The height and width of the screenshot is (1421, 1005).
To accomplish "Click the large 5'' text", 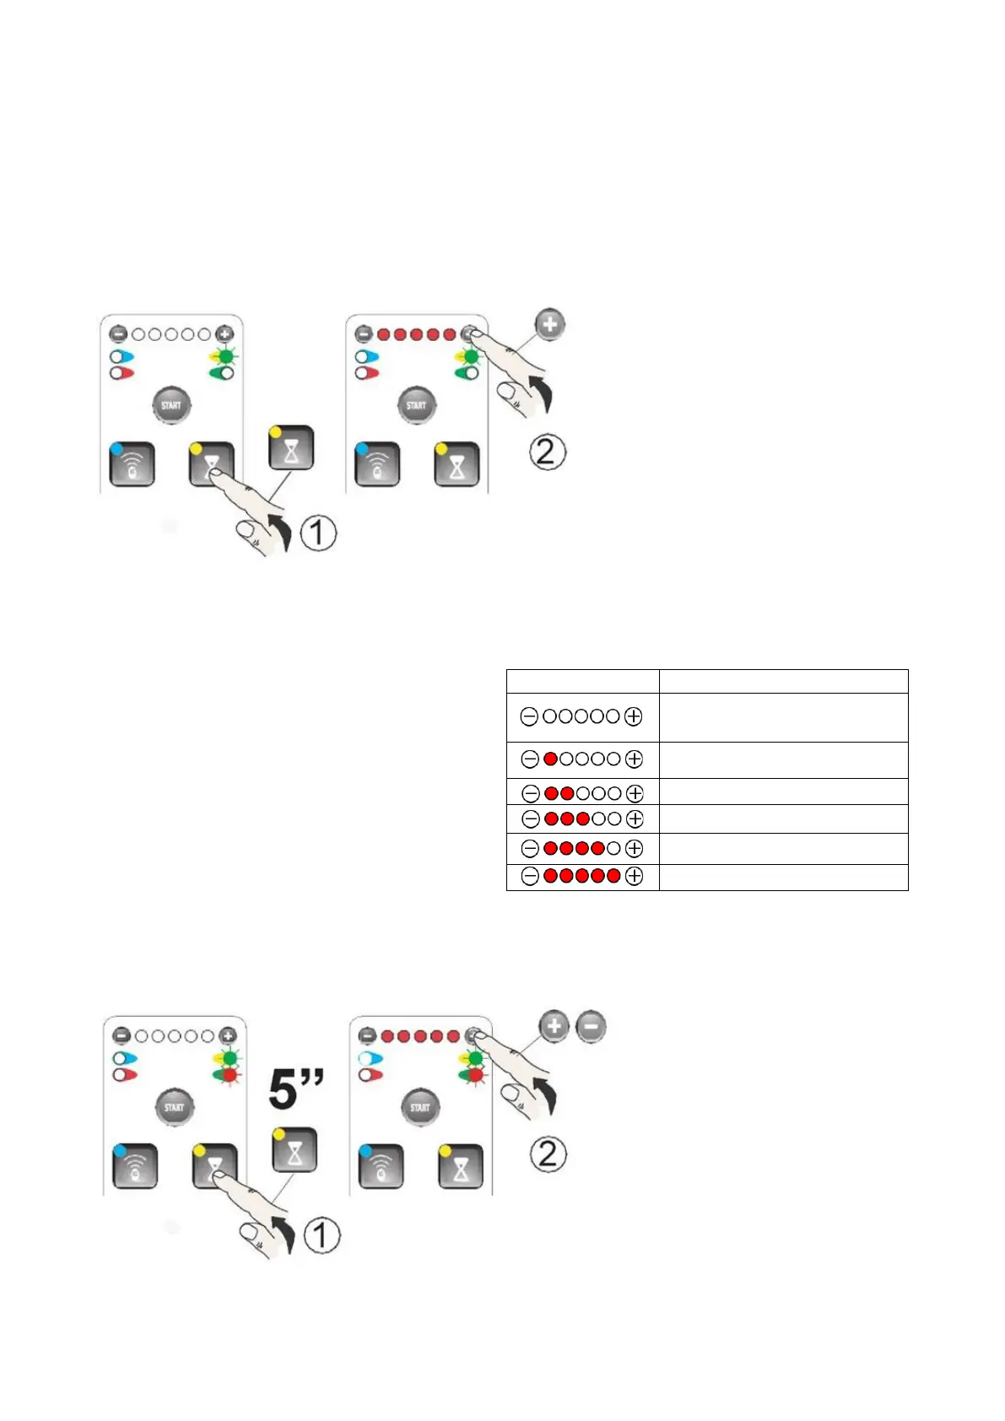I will coord(296,1089).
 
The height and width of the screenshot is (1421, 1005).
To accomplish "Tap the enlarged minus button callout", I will coord(591,1026).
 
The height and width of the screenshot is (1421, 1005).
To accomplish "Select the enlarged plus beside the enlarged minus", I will coord(554,1026).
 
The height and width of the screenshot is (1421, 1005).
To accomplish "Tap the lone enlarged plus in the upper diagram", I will coord(549,324).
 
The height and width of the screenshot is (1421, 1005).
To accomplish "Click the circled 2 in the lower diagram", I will coord(548,1154).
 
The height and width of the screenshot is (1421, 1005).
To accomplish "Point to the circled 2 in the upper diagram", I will coord(547,452).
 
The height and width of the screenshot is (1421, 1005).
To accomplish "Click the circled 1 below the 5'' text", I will coord(321,1235).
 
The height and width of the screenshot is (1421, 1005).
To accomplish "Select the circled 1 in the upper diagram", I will coord(318,533).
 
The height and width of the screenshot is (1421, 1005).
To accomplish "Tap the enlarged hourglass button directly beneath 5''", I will coord(294,1149).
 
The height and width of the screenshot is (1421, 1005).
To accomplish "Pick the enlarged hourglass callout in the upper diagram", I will coord(291,448).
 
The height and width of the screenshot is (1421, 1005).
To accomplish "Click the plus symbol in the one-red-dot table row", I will coord(634,759).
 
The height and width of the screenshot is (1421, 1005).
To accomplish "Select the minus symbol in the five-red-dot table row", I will coord(530,876).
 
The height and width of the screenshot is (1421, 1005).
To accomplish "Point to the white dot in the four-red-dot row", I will coord(613,848).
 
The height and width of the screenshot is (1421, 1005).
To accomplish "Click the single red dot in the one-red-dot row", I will coord(551,759).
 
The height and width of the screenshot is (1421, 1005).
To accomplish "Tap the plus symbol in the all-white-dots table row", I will coord(633,716).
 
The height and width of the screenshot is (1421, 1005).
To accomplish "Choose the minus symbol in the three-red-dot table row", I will coord(531,819).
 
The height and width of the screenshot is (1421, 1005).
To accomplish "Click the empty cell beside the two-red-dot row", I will coord(783,792).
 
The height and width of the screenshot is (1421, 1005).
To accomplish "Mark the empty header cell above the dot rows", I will coord(582,681).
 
